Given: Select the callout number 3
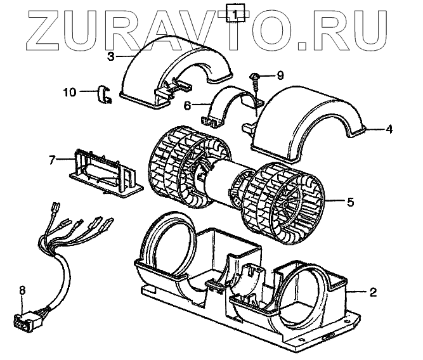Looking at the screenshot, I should [x=110, y=56].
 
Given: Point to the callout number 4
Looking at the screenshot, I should [x=388, y=130].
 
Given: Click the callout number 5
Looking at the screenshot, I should [x=350, y=203].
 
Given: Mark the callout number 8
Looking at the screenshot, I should [x=22, y=290].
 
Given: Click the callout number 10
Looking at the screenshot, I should [x=69, y=92].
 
